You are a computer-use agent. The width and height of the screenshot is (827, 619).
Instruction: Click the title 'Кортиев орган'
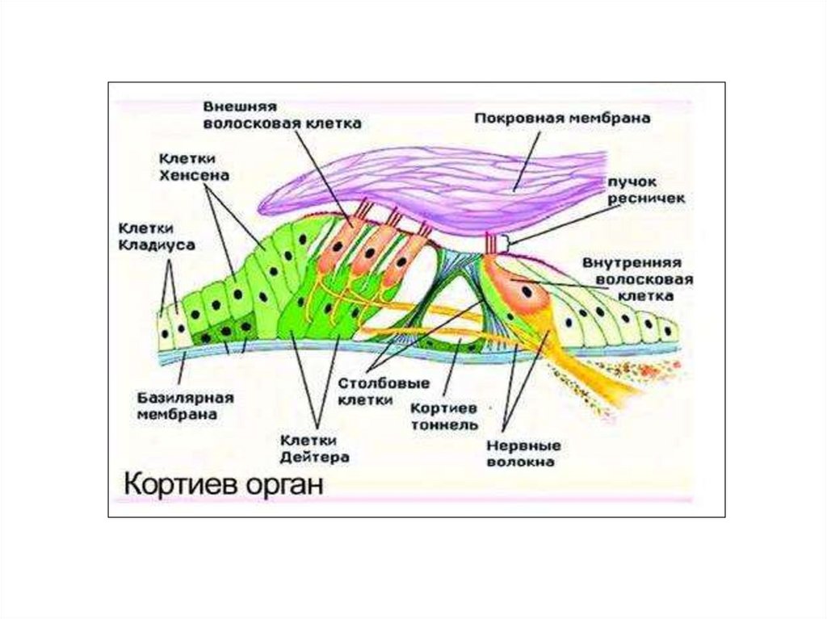click(222, 486)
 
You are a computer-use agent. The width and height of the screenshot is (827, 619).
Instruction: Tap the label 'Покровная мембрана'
click(563, 118)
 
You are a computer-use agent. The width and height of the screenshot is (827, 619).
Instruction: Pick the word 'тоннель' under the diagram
click(444, 425)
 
